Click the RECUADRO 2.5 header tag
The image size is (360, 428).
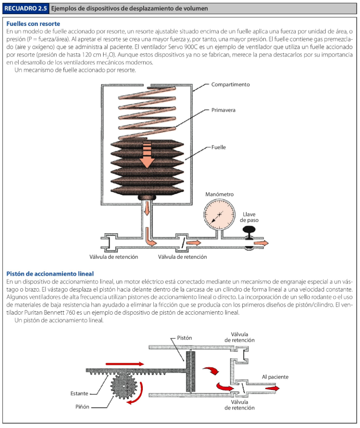(x=25, y=8)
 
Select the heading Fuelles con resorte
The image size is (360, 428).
(x=33, y=24)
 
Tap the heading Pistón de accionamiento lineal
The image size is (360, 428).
(x=50, y=274)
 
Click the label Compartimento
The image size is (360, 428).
(x=230, y=84)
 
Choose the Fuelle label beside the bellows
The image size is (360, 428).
(x=219, y=147)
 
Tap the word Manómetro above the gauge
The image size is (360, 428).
(x=220, y=194)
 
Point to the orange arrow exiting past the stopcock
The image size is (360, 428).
(x=261, y=243)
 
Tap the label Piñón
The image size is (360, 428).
(x=82, y=407)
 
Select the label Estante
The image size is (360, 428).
(x=79, y=393)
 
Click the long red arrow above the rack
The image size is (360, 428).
(x=125, y=364)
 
